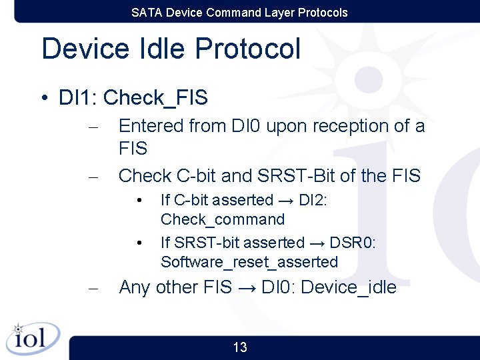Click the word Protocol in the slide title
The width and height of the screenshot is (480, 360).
tap(248, 49)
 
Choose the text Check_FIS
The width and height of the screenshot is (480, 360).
tap(156, 98)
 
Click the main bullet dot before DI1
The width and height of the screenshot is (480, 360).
tap(43, 99)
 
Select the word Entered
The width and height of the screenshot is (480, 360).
tap(151, 125)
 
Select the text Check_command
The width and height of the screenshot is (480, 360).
tap(223, 219)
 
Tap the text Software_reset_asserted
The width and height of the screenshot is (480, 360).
tap(249, 262)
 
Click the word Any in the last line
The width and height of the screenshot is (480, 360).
tap(135, 287)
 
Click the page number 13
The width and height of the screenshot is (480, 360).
tap(240, 347)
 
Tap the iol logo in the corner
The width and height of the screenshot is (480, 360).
tap(32, 339)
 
